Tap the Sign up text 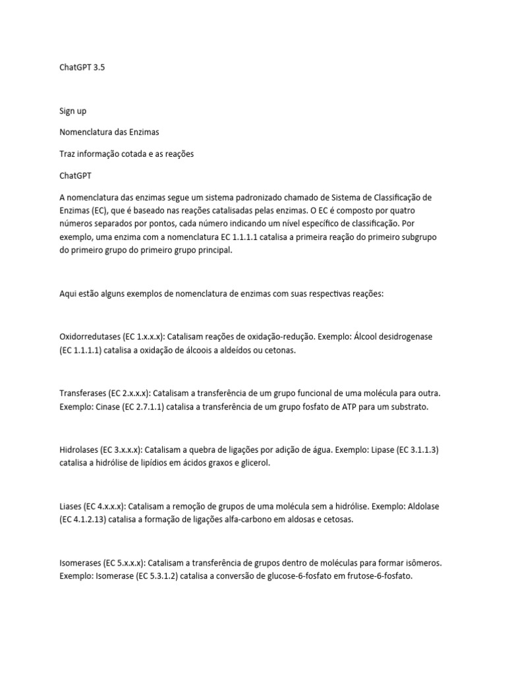click(72, 111)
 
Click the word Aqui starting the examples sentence click(68, 293)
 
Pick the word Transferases click(82, 394)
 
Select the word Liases click(70, 507)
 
